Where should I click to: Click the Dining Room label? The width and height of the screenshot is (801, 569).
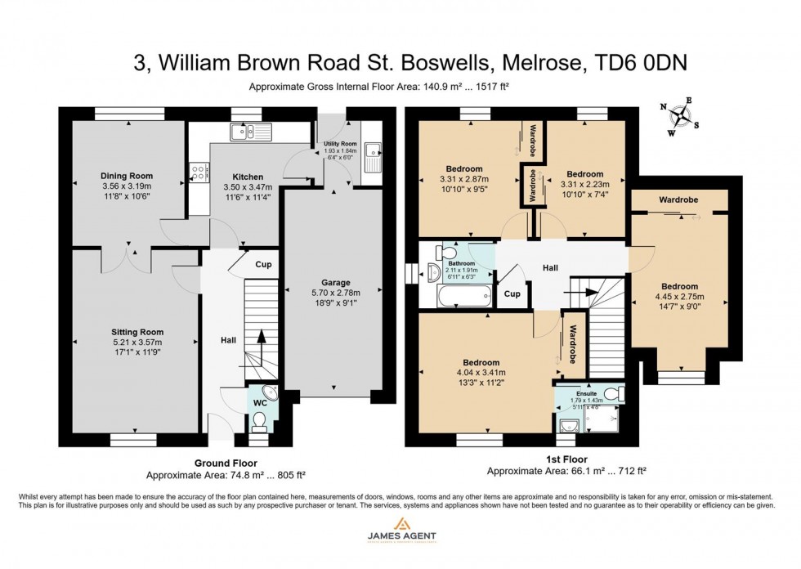coord(127,176)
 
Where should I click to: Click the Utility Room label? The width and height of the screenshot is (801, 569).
coord(336,143)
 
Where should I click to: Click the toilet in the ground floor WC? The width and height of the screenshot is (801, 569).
coord(260,420)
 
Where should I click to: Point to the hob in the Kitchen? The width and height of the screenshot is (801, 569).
coord(197,172)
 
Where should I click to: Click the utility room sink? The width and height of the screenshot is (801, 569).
coord(374,150)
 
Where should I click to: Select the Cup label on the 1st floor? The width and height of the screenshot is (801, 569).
coord(512,293)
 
